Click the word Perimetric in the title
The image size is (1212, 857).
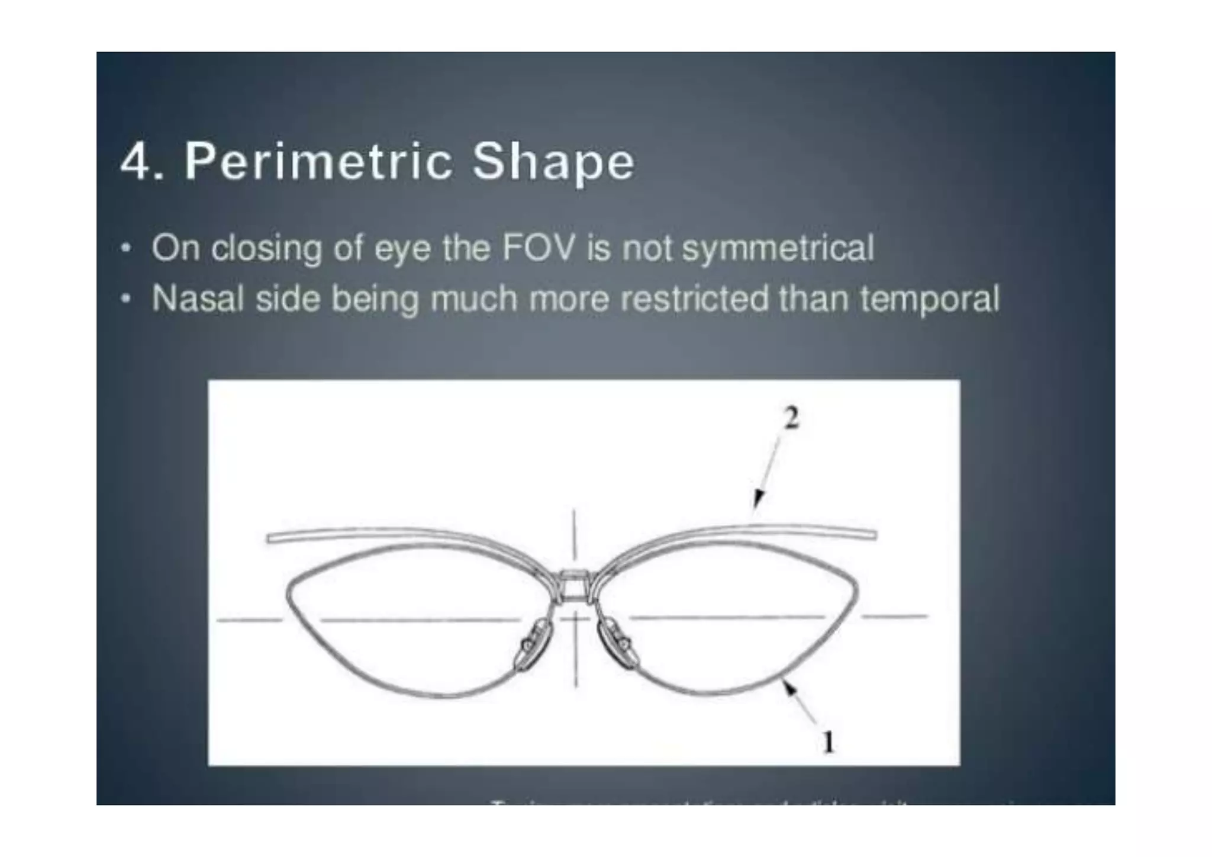(x=318, y=162)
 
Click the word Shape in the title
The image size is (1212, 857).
(x=553, y=162)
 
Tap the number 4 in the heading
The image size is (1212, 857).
(x=135, y=162)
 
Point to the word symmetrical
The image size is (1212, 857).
(x=778, y=249)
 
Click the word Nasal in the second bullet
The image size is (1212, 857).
(x=198, y=298)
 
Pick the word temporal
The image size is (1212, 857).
(x=930, y=299)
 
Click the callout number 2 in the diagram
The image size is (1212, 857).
(x=791, y=418)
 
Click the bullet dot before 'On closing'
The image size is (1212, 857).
(x=124, y=248)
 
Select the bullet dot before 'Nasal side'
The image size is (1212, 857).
(x=124, y=298)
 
